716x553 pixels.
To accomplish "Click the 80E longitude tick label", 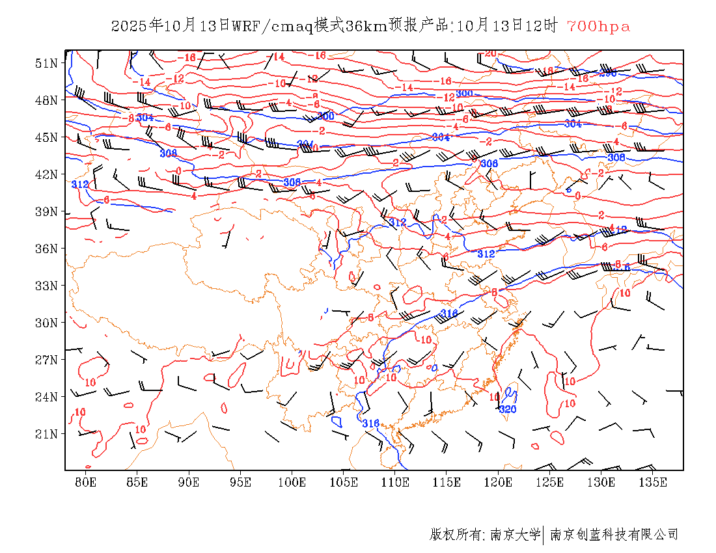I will coord(86,482).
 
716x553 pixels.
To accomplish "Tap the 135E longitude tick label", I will coord(653,482).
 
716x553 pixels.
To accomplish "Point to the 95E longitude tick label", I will coord(241,482).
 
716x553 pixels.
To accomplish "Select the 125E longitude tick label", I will coord(550,482).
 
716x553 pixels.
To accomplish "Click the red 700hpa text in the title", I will coord(598,27).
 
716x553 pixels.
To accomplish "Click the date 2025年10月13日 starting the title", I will coord(171,27).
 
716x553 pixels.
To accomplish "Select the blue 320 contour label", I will coord(508,409).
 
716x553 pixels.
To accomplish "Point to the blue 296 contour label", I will coord(607,73).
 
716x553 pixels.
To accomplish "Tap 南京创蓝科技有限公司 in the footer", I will coord(614,535).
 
